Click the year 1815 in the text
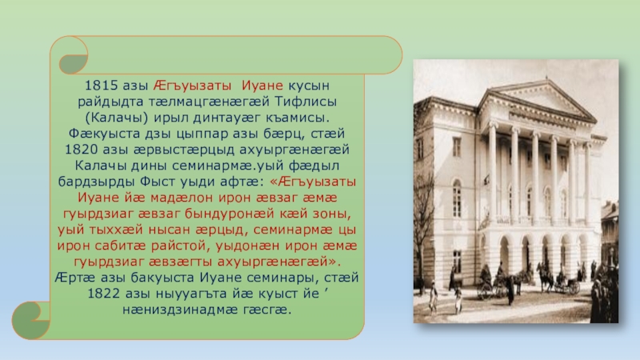click(102, 86)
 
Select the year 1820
click(82, 150)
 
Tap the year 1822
click(104, 294)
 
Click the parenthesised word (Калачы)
click(117, 118)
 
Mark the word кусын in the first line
click(309, 86)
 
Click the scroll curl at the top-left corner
click(73, 56)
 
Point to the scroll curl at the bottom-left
click(31, 321)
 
